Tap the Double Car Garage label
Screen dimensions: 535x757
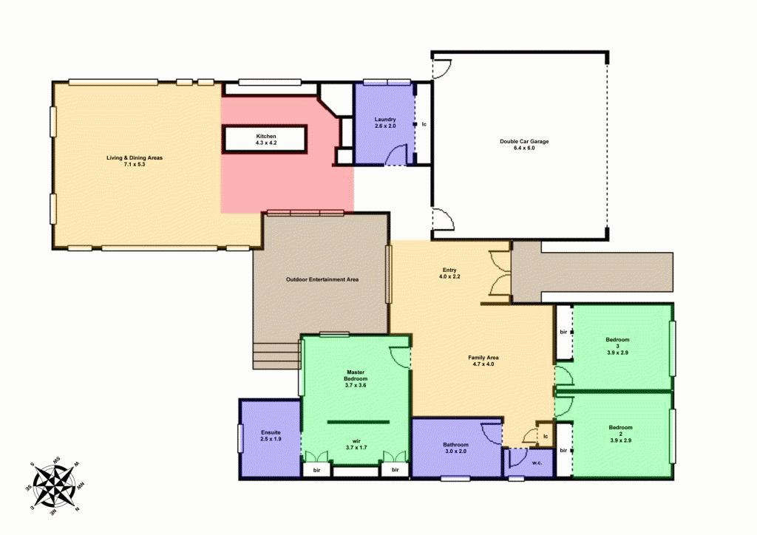(x=523, y=145)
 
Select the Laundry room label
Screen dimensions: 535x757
(x=385, y=123)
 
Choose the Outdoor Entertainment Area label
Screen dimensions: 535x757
(x=322, y=280)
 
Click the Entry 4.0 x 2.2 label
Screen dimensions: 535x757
(x=450, y=273)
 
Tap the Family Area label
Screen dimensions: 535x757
(x=481, y=361)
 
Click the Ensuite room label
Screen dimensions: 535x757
(x=270, y=436)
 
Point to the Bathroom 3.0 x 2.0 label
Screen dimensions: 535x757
(x=455, y=448)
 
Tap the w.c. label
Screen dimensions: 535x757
(x=537, y=463)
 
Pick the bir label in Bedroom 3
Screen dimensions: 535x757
(x=563, y=333)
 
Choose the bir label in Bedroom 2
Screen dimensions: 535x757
(x=563, y=450)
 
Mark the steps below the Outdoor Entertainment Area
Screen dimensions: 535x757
(x=276, y=355)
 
